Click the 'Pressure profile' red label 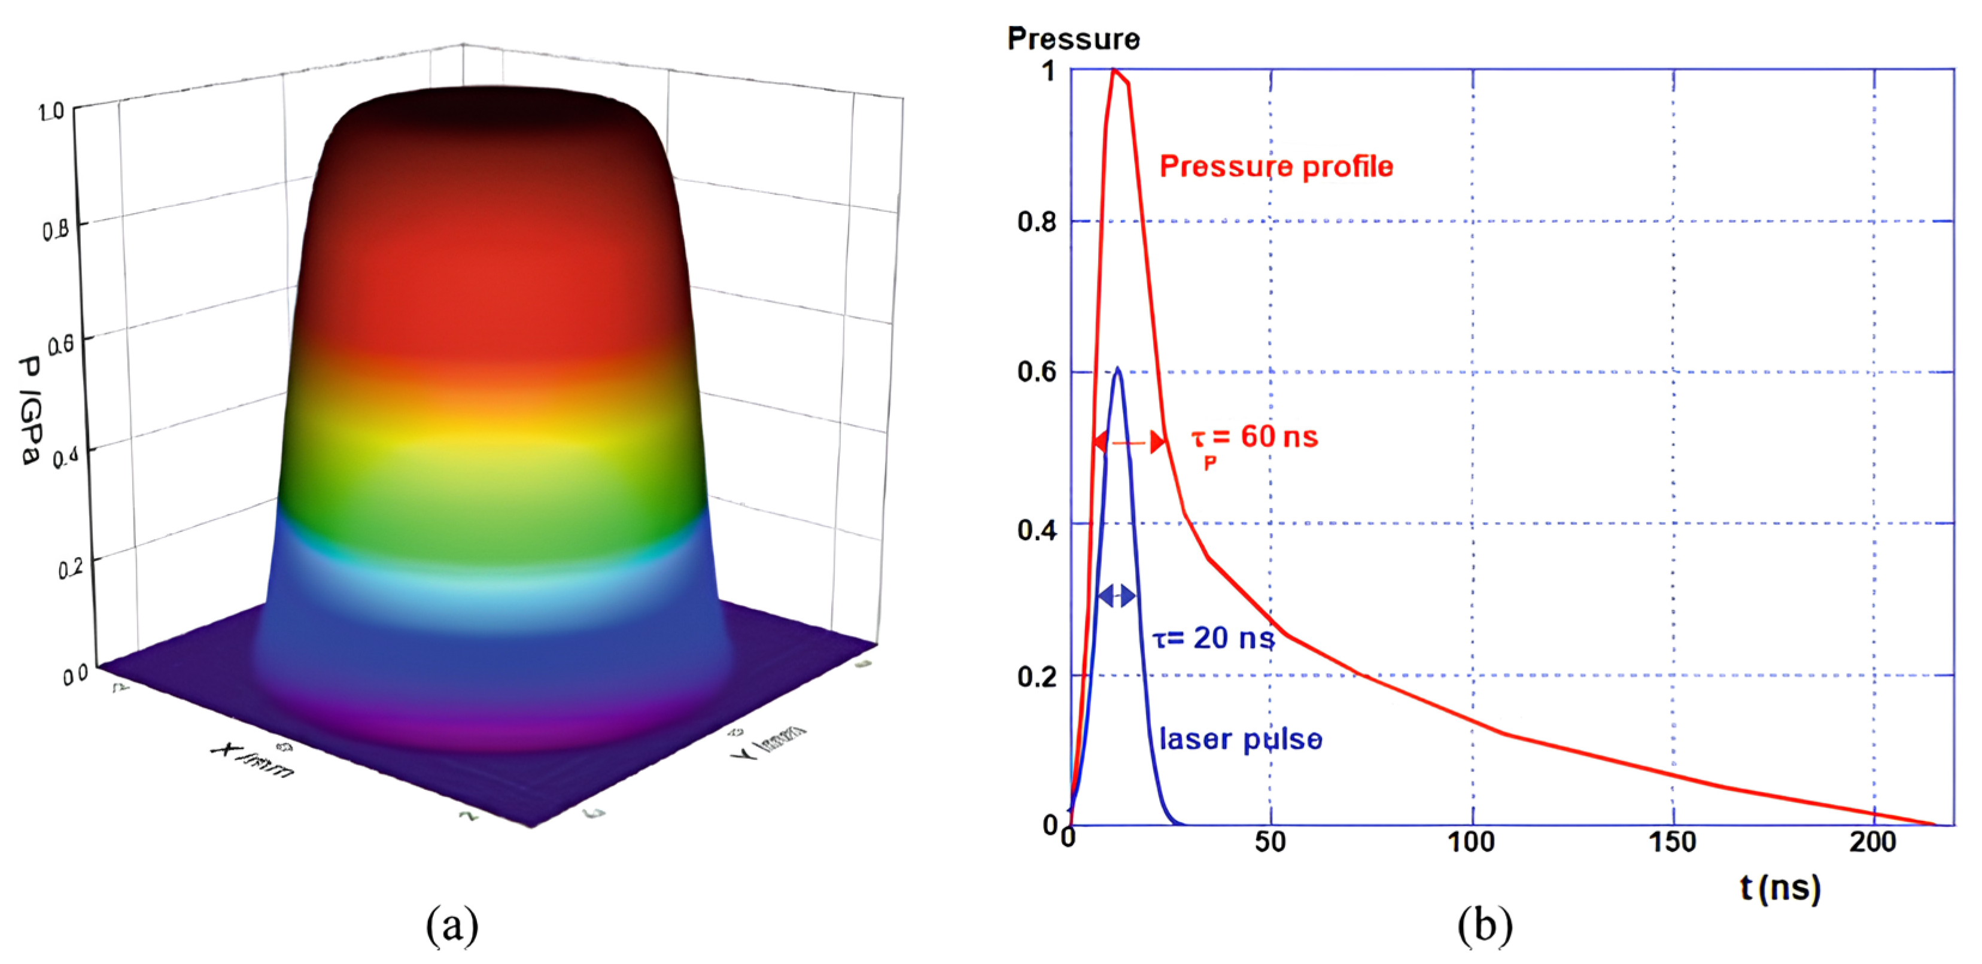(1276, 166)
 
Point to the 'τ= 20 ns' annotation (1214, 638)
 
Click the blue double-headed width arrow (1117, 595)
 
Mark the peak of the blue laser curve (1117, 369)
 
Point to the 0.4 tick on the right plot (1036, 530)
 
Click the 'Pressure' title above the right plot (1074, 38)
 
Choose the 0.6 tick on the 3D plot (62, 344)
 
